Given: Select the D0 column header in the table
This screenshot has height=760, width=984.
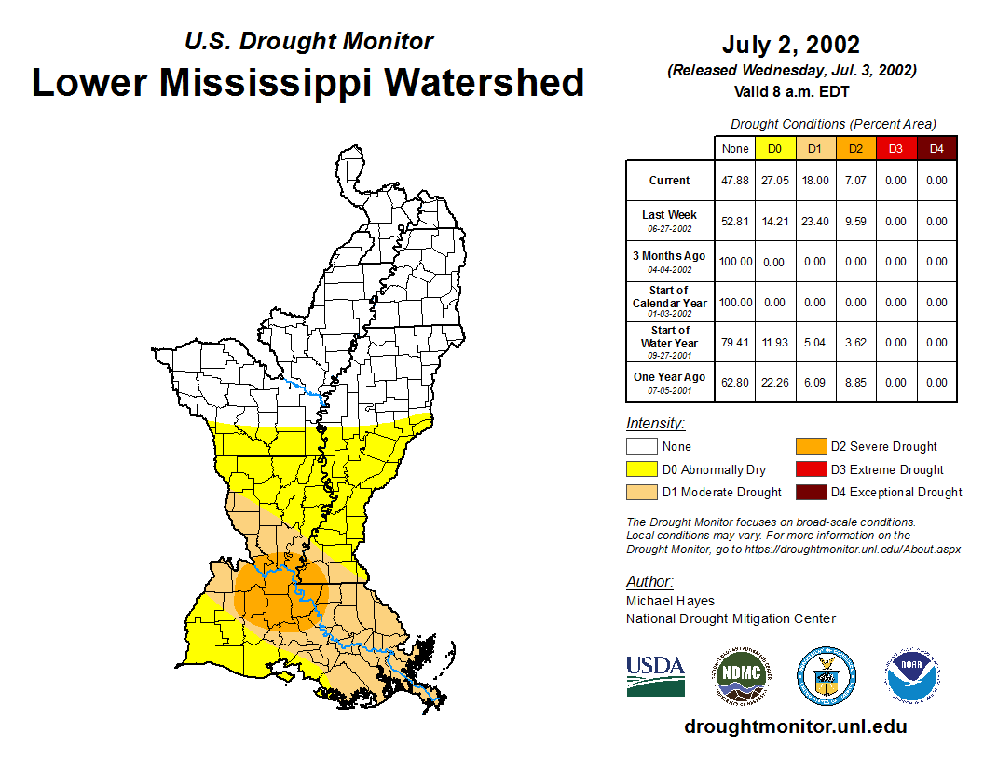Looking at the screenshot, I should pyautogui.click(x=774, y=148).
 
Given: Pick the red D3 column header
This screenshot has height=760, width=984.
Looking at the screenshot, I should pyautogui.click(x=895, y=148).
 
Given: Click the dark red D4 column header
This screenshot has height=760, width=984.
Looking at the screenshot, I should pyautogui.click(x=936, y=148).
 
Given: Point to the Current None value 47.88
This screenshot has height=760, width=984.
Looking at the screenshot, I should pyautogui.click(x=734, y=181).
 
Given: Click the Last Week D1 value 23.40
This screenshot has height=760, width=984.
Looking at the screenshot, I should pyautogui.click(x=814, y=222).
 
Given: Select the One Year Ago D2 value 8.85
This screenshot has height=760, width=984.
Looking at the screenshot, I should pyautogui.click(x=854, y=383).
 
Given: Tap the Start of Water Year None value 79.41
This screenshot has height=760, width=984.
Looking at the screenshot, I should pyautogui.click(x=734, y=343).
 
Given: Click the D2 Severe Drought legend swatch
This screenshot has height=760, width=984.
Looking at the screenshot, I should pyautogui.click(x=810, y=447).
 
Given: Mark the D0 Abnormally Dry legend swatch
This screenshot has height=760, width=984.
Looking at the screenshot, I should pyautogui.click(x=641, y=469).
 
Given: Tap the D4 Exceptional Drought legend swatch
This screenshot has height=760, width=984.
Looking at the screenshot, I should pyautogui.click(x=810, y=492).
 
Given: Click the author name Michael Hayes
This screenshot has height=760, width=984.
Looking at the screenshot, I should pyautogui.click(x=670, y=601).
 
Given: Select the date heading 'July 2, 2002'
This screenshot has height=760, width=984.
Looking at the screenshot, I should pyautogui.click(x=790, y=45).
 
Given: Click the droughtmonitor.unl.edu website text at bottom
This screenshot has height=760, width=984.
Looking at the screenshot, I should pyautogui.click(x=795, y=726).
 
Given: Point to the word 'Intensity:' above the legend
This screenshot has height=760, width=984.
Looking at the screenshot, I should pyautogui.click(x=655, y=424).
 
